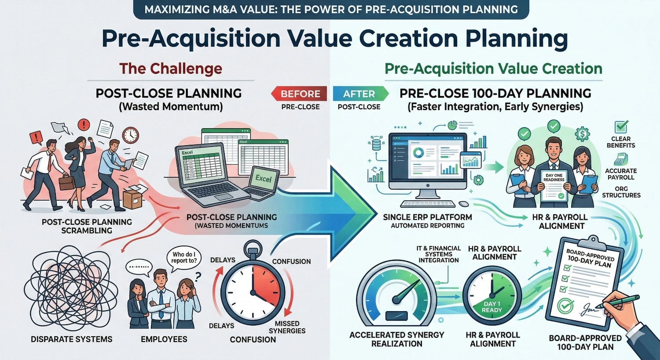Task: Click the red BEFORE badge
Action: (x=300, y=94)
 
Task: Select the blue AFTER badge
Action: (x=359, y=94)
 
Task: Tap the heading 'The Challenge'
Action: (x=171, y=69)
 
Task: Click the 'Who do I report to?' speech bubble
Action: (x=184, y=257)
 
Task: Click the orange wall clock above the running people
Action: (x=131, y=135)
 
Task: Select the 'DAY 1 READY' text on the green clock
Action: (x=492, y=307)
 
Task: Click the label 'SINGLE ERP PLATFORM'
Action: (x=427, y=217)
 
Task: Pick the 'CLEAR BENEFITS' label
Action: (x=621, y=142)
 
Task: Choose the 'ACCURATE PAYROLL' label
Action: (x=621, y=174)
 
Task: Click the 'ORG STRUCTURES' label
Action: (x=621, y=192)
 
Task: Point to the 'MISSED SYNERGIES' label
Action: (x=287, y=327)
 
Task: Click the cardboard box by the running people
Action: (x=132, y=198)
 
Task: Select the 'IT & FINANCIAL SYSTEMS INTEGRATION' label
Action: (x=439, y=254)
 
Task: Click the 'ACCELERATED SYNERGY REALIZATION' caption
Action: (x=397, y=339)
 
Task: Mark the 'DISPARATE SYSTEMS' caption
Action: (x=72, y=339)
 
